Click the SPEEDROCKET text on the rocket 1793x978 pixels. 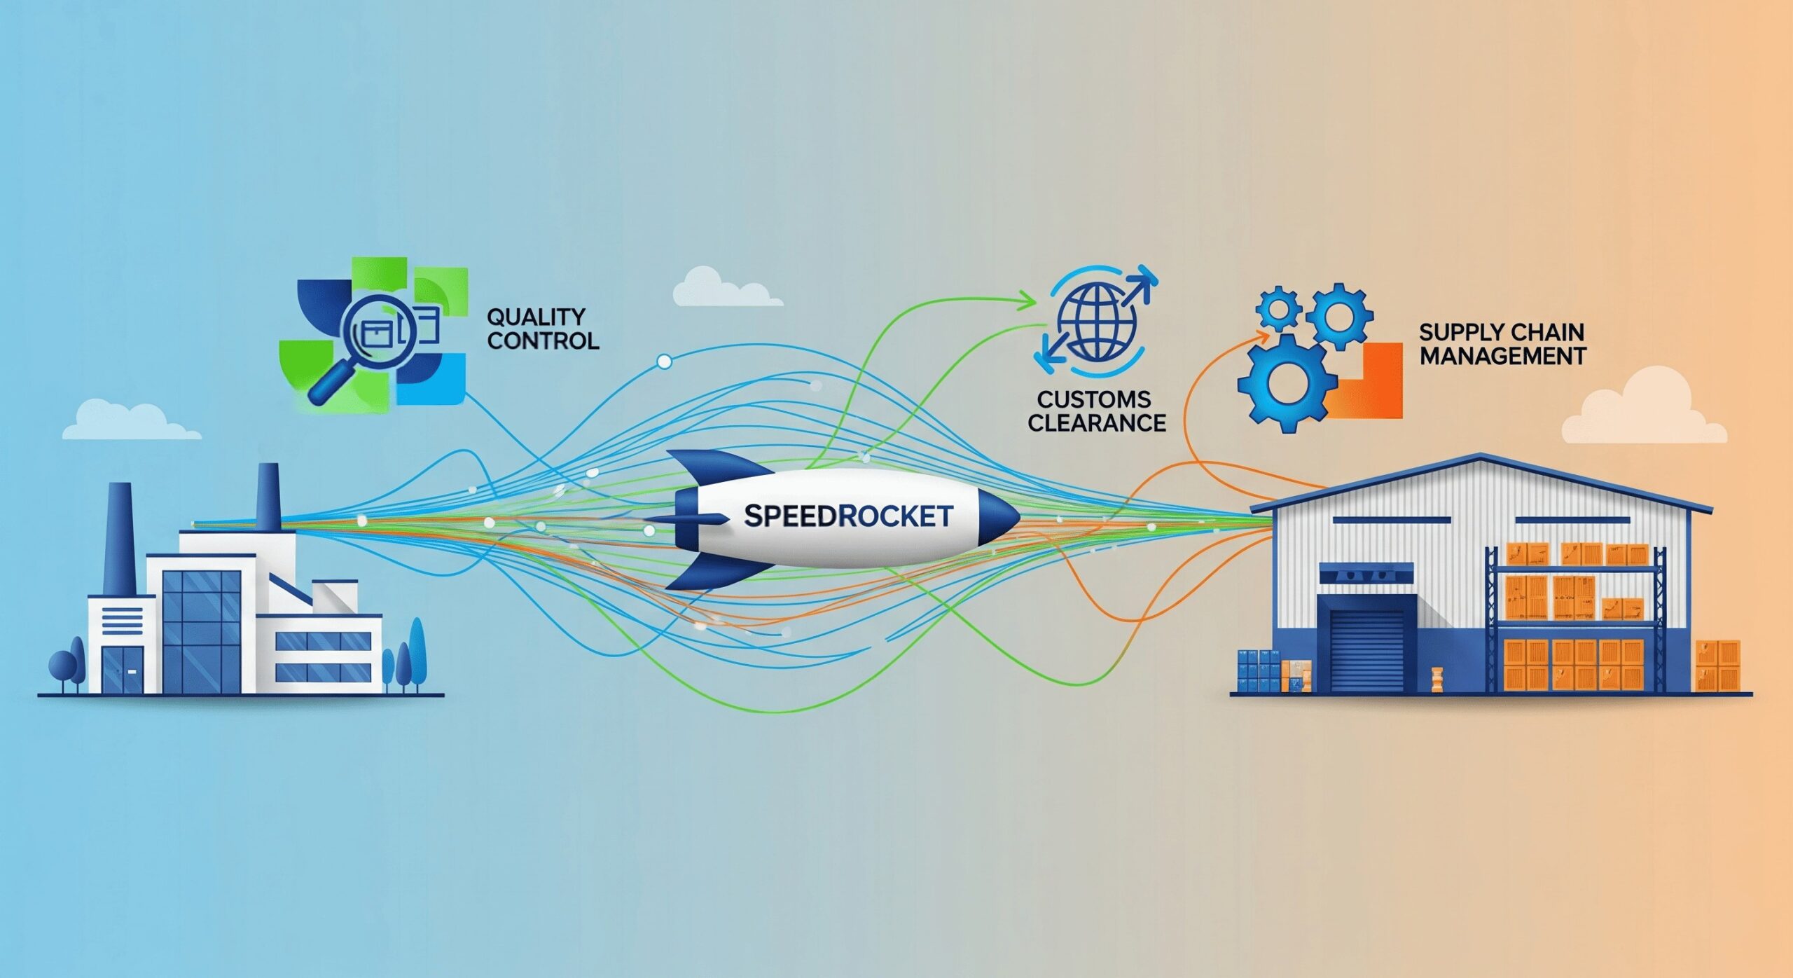click(848, 516)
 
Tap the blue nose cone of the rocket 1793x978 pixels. click(998, 517)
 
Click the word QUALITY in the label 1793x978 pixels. click(536, 317)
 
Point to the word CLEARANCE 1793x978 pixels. click(1097, 423)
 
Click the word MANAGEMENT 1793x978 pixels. click(1502, 356)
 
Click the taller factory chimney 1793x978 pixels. click(120, 539)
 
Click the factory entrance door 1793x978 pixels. click(123, 669)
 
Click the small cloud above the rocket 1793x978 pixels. click(725, 288)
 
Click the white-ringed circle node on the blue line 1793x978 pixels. click(664, 361)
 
